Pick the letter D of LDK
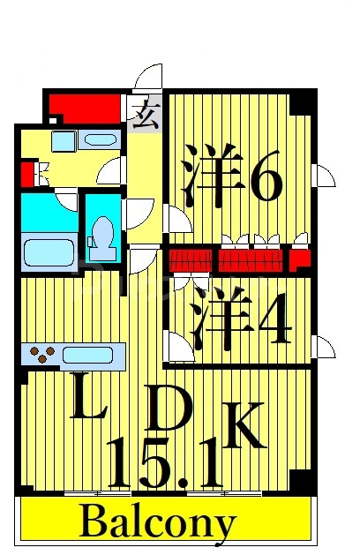(x=166, y=411)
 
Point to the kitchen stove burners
(x=43, y=355)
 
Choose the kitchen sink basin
(x=88, y=355)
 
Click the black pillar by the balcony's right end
(x=301, y=482)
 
